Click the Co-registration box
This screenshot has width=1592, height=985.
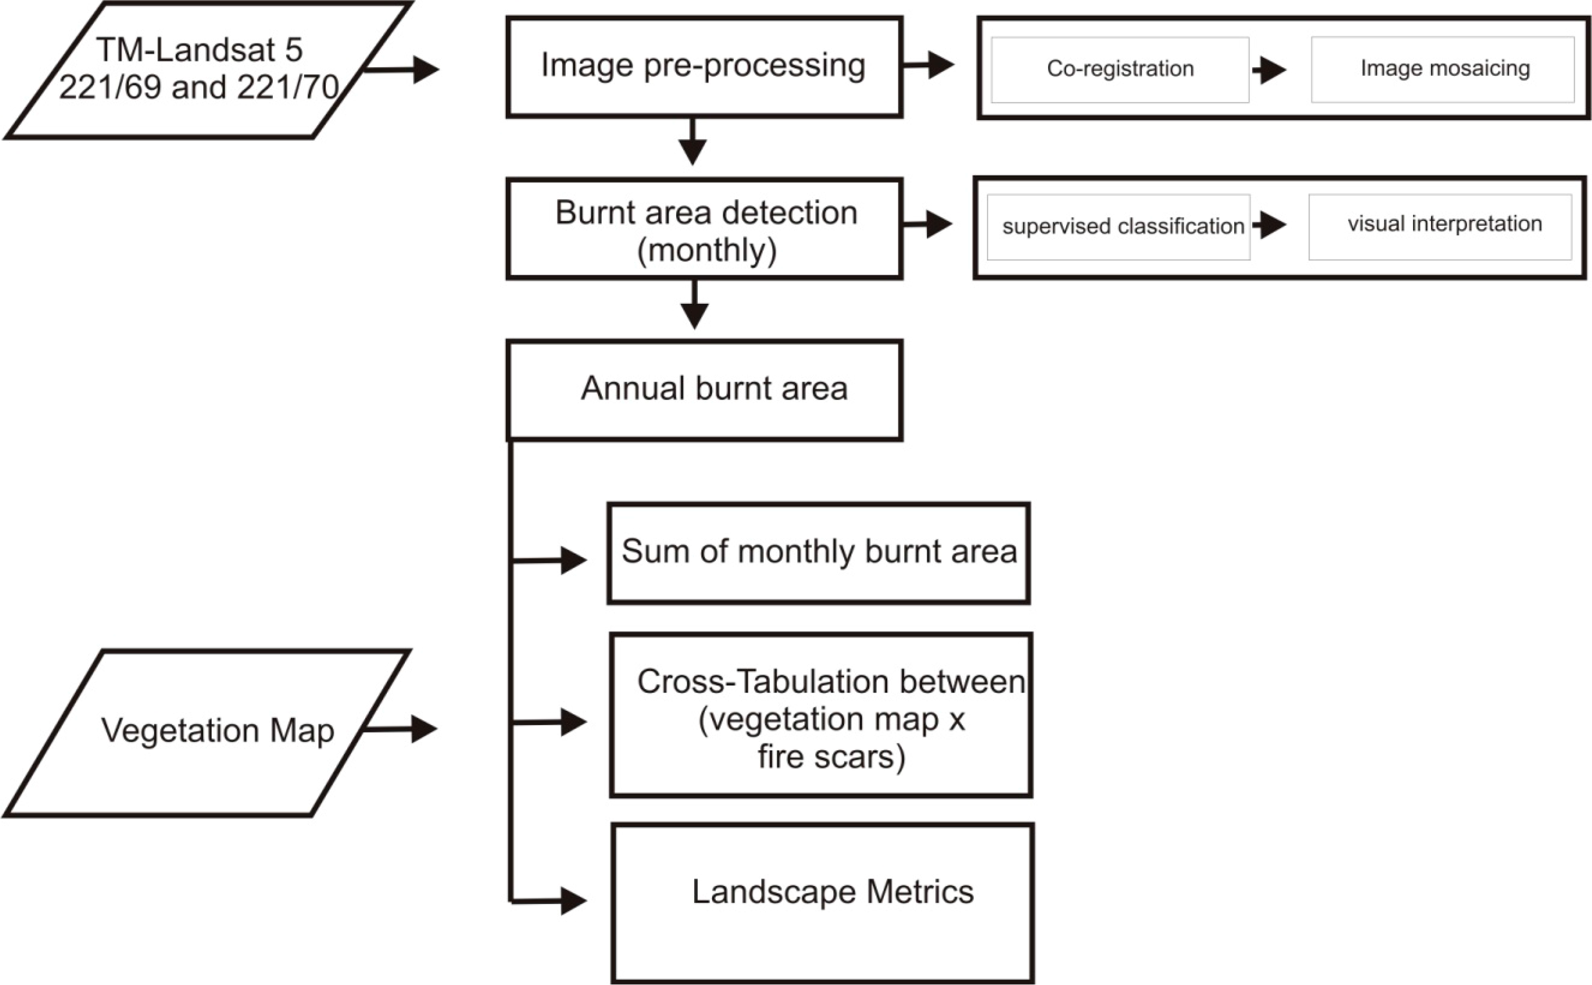(1120, 70)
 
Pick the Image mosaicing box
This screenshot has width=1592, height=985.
(1442, 70)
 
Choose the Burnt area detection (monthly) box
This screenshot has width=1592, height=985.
(704, 229)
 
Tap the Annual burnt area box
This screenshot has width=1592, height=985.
(704, 390)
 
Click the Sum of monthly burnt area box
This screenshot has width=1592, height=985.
(818, 553)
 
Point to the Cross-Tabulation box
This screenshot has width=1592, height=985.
(821, 717)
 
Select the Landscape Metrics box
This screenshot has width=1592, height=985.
(822, 903)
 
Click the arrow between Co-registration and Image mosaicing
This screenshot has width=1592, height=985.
(1269, 70)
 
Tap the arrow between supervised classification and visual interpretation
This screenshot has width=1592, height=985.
(1269, 225)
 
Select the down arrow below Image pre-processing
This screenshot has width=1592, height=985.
(693, 144)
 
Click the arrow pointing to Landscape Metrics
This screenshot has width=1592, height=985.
(554, 902)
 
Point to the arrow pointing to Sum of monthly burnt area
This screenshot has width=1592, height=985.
(554, 560)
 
